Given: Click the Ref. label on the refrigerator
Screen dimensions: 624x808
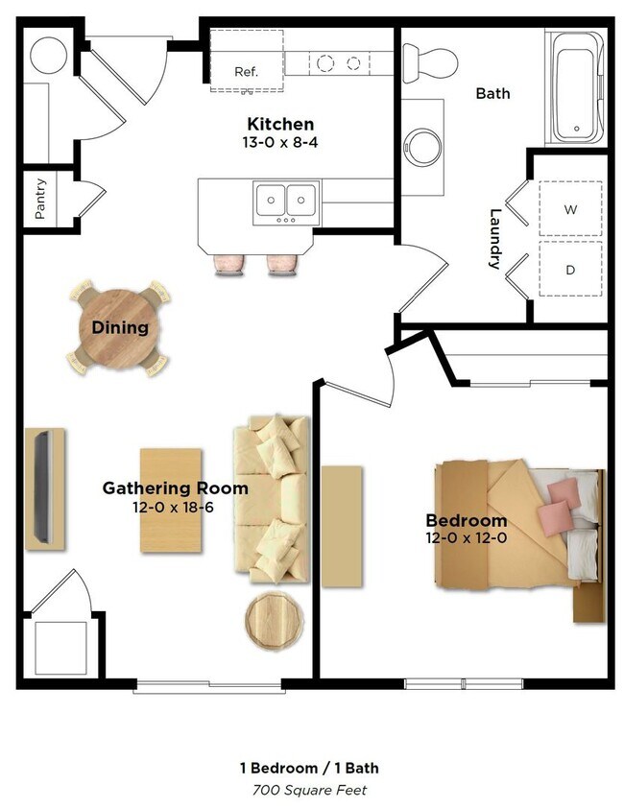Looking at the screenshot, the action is pyautogui.click(x=246, y=72).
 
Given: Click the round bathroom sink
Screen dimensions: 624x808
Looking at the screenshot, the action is pyautogui.click(x=422, y=148).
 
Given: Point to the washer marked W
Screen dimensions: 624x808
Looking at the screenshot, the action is pyautogui.click(x=570, y=208).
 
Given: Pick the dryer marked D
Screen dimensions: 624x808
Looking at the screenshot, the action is pyautogui.click(x=570, y=269).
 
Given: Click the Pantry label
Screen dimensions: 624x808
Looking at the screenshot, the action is pyautogui.click(x=40, y=199).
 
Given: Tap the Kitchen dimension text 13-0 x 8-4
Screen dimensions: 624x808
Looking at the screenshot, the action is pyautogui.click(x=280, y=142).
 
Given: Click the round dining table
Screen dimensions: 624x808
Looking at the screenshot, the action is pyautogui.click(x=120, y=328).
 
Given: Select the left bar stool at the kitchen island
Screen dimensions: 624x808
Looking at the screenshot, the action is pyautogui.click(x=229, y=265).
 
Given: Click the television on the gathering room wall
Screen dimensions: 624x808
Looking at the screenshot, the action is pyautogui.click(x=43, y=487).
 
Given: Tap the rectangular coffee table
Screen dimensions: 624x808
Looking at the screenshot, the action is pyautogui.click(x=171, y=500).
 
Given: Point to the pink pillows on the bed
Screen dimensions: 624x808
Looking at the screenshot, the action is pyautogui.click(x=559, y=504).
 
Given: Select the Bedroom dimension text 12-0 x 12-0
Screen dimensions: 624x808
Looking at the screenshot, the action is pyautogui.click(x=467, y=538).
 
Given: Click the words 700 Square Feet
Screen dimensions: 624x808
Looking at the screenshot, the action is pyautogui.click(x=309, y=790).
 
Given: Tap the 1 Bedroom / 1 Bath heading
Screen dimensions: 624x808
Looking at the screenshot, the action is pyautogui.click(x=309, y=768).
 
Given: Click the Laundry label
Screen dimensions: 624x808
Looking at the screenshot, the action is pyautogui.click(x=495, y=239).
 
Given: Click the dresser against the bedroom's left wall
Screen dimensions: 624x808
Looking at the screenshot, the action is pyautogui.click(x=342, y=526).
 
